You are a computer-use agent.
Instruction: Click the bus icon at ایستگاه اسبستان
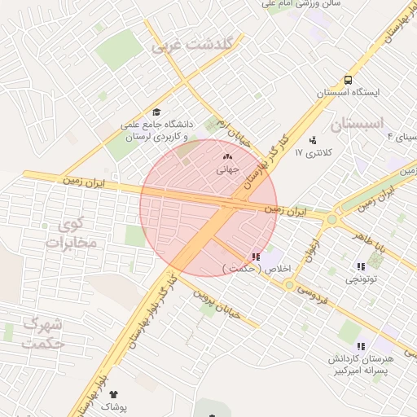[349, 80]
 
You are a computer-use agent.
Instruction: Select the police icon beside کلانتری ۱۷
[314, 140]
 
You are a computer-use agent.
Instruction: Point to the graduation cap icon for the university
[156, 112]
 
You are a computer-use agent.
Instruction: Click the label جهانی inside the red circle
[226, 171]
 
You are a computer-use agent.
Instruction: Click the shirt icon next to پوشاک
[113, 395]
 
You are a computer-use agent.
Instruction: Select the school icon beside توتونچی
[361, 267]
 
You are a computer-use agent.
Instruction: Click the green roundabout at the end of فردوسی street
[289, 284]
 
